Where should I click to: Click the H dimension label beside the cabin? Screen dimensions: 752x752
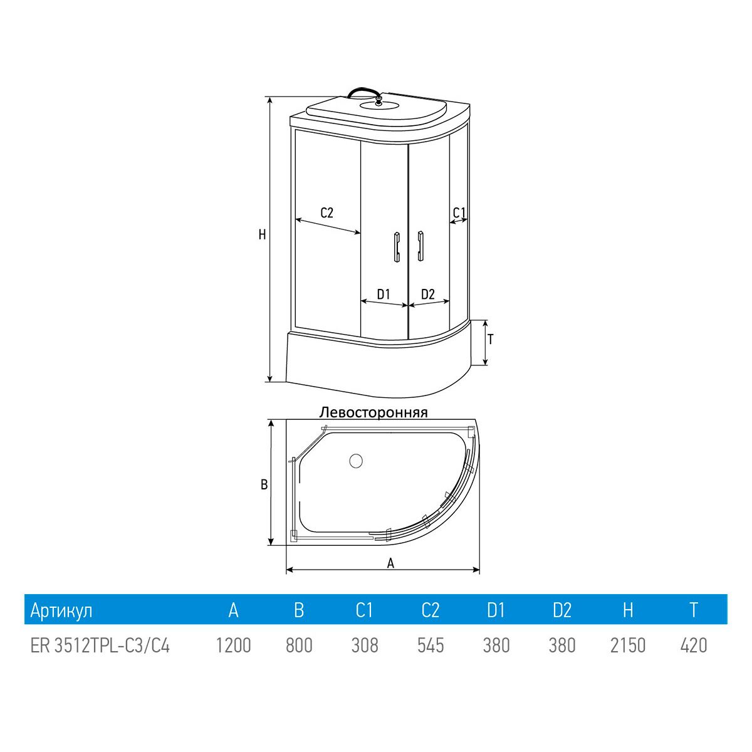tap(262, 234)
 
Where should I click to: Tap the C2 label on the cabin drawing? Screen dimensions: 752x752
tap(326, 212)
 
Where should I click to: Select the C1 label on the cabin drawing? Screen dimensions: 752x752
tap(459, 212)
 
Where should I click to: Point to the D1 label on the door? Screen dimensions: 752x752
tap(384, 294)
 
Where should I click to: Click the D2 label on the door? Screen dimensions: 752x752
tap(428, 294)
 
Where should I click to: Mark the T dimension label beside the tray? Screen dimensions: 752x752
tap(491, 340)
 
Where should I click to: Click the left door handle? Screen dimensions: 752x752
tap(397, 247)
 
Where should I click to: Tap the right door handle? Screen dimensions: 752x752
tap(420, 246)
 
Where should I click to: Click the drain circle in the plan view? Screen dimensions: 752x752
tap(355, 461)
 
